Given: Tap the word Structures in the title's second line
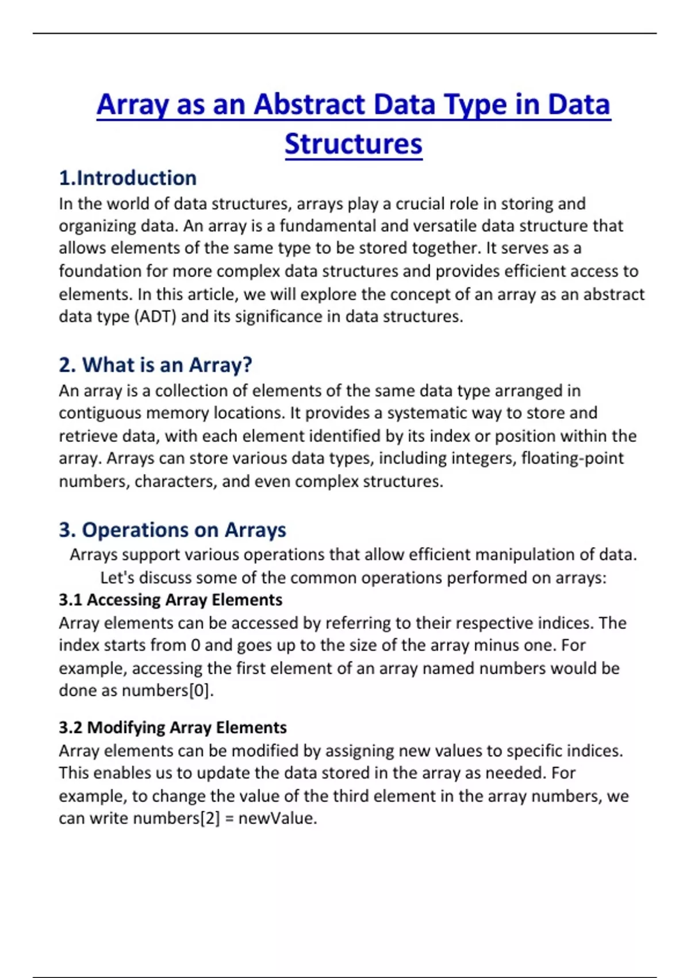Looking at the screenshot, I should click(353, 144).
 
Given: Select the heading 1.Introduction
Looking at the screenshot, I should click(128, 178).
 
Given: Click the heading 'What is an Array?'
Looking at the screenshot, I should click(167, 365).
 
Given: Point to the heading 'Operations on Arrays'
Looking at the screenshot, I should click(183, 530).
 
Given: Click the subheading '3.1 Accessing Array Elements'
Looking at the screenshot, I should click(170, 600).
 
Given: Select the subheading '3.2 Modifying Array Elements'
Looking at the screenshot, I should click(172, 728).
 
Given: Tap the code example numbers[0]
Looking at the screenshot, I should click(167, 690).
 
